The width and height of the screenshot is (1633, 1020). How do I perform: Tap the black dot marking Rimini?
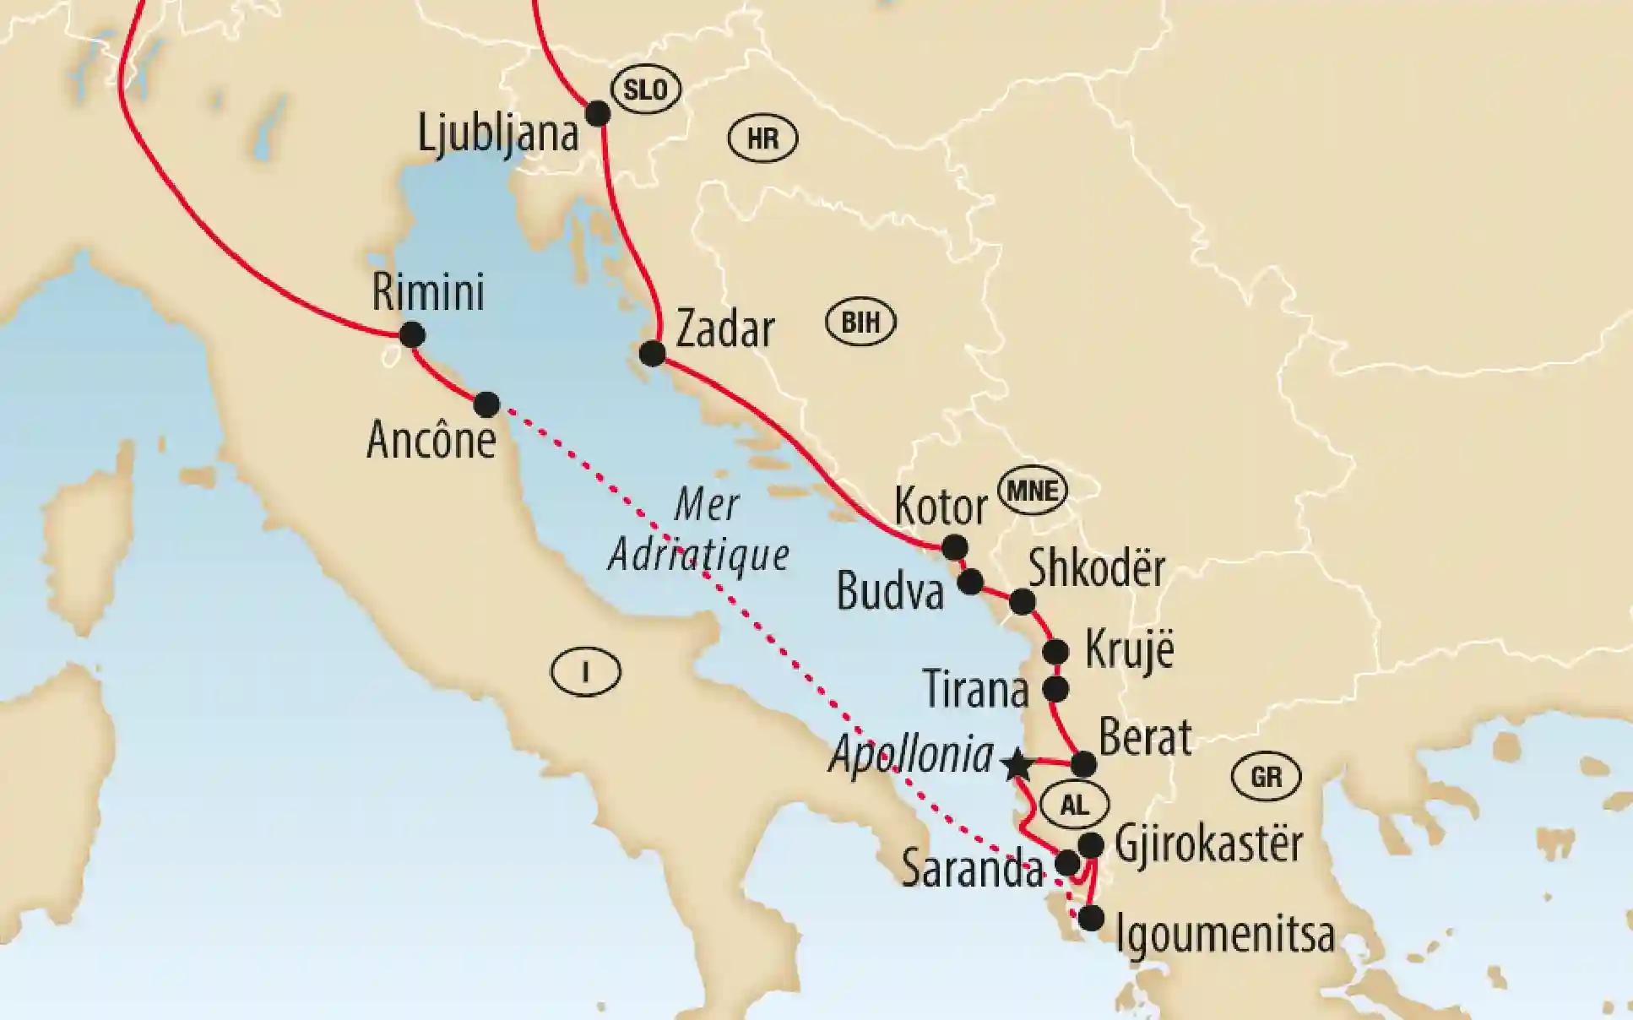[x=411, y=335]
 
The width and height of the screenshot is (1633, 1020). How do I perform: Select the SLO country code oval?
[x=646, y=90]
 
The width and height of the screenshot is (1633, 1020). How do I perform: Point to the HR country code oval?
[x=762, y=138]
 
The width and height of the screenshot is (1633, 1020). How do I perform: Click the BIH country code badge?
[x=860, y=323]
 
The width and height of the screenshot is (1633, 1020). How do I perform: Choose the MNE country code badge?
[x=1033, y=491]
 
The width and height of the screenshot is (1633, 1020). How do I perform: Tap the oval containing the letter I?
[x=585, y=672]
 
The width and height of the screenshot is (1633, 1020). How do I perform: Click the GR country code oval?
[x=1266, y=776]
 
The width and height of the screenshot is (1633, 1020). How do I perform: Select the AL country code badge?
[x=1074, y=805]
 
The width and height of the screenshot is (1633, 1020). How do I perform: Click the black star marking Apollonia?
[x=1017, y=765]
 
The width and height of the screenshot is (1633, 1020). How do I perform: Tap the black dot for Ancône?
[x=486, y=404]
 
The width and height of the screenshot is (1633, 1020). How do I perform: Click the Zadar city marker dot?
[x=652, y=353]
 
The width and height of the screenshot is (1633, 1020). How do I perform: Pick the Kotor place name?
[x=940, y=507]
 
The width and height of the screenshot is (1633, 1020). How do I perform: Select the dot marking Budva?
[x=970, y=581]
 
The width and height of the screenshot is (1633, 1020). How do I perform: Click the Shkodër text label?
[x=1096, y=569]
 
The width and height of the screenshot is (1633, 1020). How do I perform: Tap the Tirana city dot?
[x=1056, y=689]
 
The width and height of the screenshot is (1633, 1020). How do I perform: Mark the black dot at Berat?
[x=1083, y=764]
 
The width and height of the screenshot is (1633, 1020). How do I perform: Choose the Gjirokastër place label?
[x=1208, y=844]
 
